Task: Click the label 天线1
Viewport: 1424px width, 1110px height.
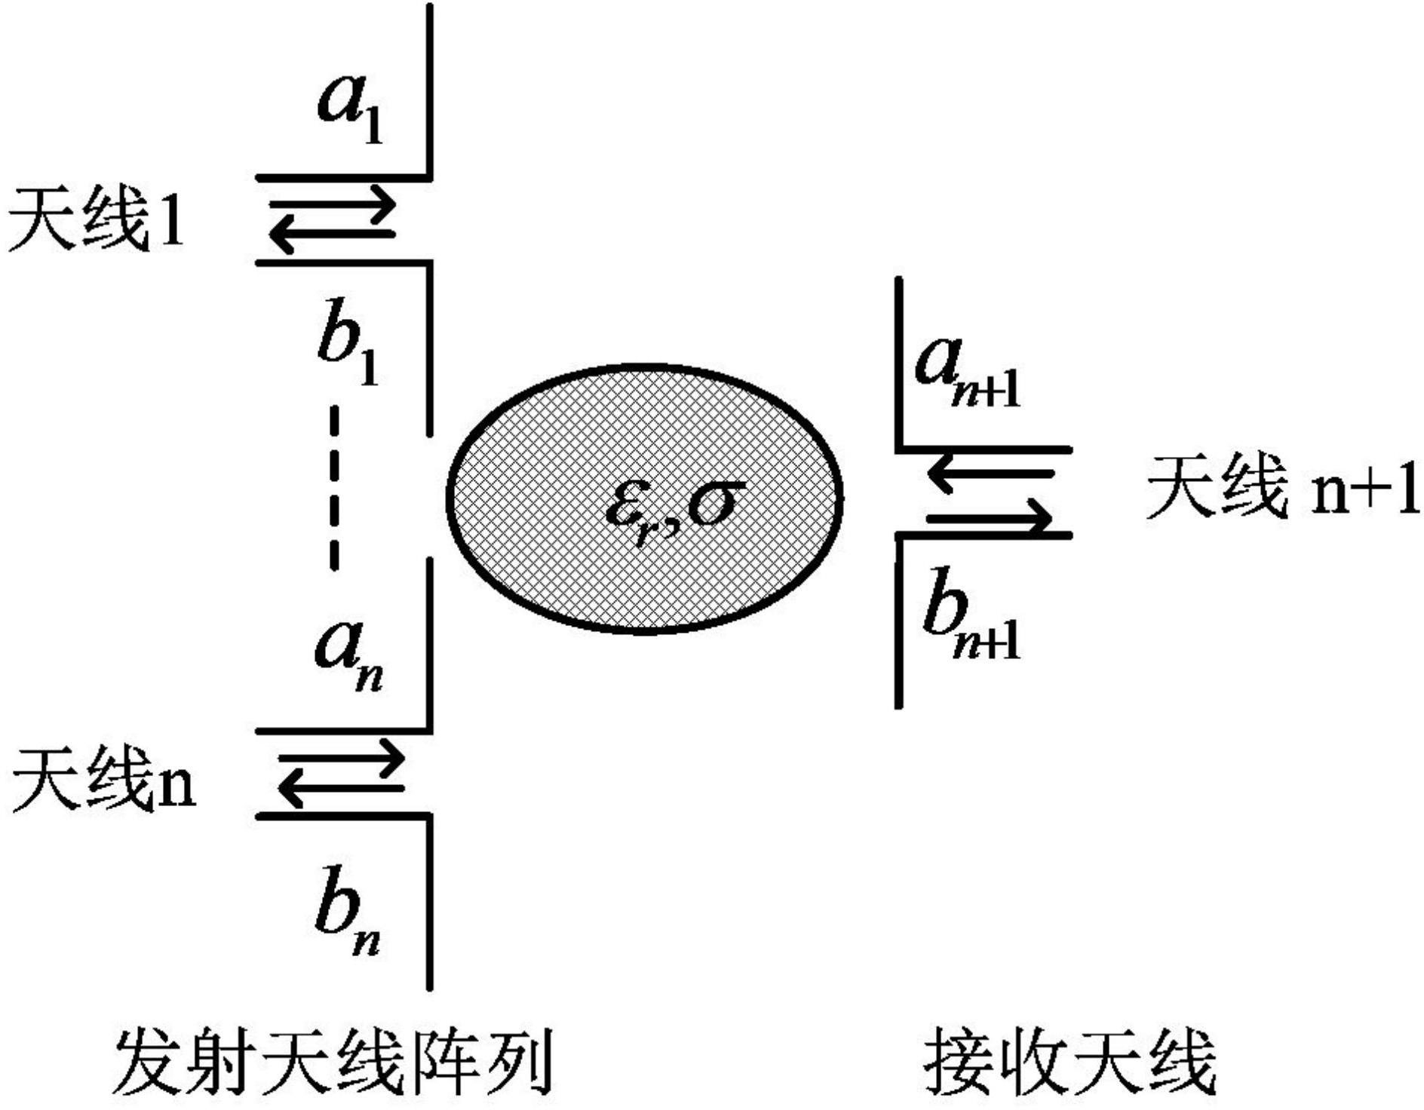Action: pos(95,220)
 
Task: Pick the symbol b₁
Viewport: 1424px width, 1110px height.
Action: pos(347,352)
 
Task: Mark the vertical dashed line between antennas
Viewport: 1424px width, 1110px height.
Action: pos(334,488)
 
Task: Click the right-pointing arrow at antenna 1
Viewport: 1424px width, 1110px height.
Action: pos(333,204)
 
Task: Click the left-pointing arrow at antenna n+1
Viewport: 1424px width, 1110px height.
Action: pos(989,474)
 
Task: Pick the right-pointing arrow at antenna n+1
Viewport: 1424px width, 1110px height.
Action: pos(989,518)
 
